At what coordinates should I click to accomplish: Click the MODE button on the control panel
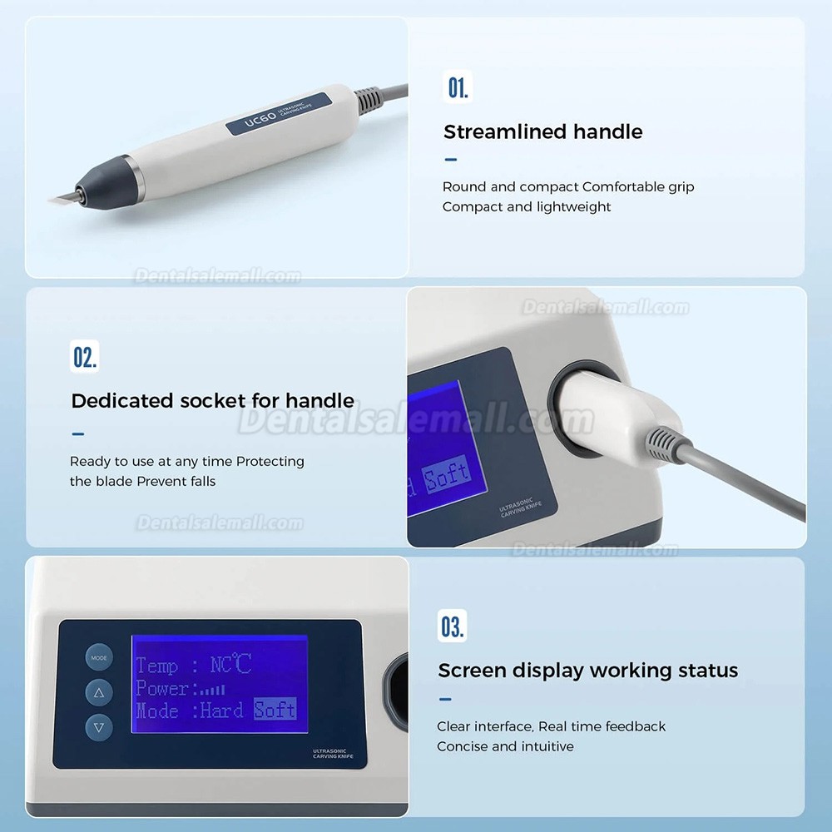(x=99, y=657)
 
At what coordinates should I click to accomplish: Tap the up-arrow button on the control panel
(x=99, y=692)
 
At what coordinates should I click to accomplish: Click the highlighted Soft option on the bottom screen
(x=275, y=711)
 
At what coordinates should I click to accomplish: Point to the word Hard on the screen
(x=221, y=711)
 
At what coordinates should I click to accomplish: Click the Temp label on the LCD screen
(x=156, y=666)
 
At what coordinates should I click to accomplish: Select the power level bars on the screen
(x=212, y=689)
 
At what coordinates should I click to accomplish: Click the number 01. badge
(x=458, y=87)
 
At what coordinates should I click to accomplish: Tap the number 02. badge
(x=85, y=357)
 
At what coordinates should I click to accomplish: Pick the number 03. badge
(x=453, y=626)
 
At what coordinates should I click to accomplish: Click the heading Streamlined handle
(x=542, y=131)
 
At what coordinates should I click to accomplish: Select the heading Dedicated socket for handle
(x=212, y=400)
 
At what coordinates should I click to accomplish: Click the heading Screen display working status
(x=587, y=670)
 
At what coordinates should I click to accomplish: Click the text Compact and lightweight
(x=526, y=206)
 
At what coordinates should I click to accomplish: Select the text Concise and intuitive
(x=505, y=746)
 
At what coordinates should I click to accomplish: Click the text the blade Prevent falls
(x=142, y=481)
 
